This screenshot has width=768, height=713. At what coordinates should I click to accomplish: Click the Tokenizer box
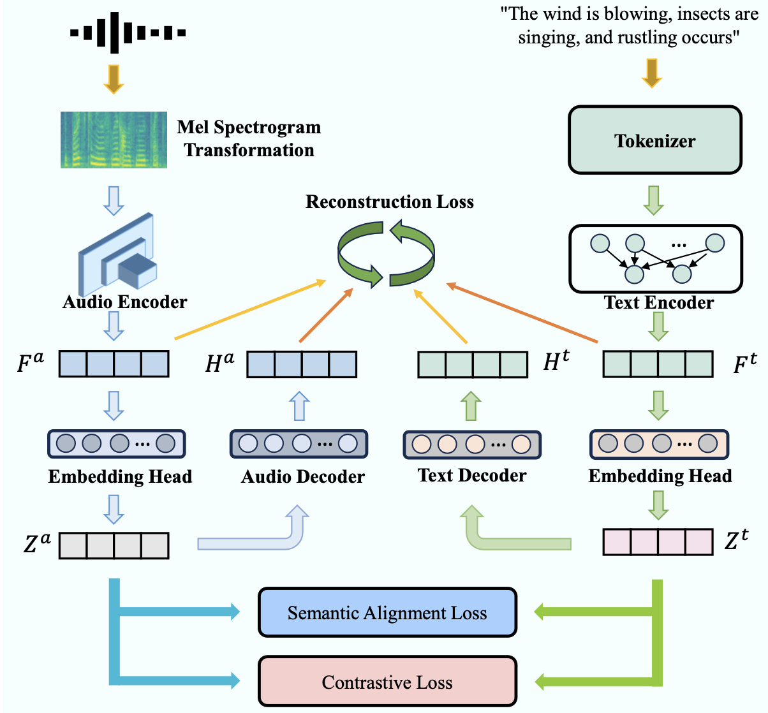(654, 140)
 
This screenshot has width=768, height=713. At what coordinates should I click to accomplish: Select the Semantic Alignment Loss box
(387, 613)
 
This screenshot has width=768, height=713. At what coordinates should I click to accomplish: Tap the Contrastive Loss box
(387, 682)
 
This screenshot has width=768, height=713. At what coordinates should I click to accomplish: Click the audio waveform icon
(128, 32)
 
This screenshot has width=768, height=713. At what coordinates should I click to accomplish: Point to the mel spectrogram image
(114, 140)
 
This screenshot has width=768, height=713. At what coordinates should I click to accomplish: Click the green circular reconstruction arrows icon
(386, 253)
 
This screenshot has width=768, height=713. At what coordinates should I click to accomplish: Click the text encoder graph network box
(655, 258)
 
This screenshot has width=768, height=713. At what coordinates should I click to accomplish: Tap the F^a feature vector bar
(114, 364)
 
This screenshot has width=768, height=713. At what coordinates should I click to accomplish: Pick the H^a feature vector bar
(302, 364)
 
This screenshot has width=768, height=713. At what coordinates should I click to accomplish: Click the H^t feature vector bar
(473, 364)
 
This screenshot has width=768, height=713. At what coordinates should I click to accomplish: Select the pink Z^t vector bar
(658, 542)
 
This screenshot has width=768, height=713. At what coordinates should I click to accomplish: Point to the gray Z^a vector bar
(114, 546)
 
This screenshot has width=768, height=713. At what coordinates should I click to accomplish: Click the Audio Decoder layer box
(299, 444)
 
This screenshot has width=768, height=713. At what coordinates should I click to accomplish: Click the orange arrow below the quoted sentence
(651, 73)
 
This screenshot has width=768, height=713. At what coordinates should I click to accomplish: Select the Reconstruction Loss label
(390, 202)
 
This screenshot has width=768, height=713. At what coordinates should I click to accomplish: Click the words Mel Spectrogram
(249, 128)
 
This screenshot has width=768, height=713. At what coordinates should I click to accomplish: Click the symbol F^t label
(744, 364)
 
